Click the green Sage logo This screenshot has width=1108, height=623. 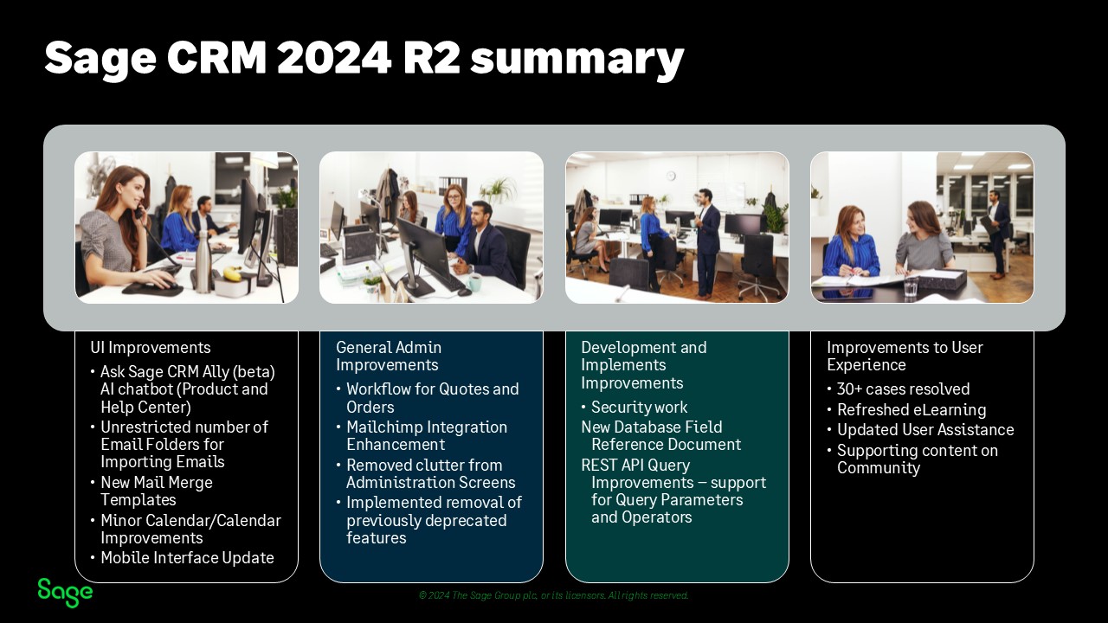(65, 593)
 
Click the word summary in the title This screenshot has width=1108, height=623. (577, 59)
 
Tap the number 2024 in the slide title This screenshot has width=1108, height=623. (334, 57)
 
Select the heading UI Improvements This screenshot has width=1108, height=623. (151, 348)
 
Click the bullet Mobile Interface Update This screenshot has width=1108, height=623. (187, 558)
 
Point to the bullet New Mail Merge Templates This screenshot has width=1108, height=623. (157, 491)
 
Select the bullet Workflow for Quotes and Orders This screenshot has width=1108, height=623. (432, 398)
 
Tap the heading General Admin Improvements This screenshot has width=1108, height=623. (389, 356)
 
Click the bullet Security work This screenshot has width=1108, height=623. (639, 408)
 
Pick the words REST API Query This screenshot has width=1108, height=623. (635, 466)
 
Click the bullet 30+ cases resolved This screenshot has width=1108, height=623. (903, 389)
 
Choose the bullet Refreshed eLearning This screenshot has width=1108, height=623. (912, 410)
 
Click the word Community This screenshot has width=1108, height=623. (879, 468)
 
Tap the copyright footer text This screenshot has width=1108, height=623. (553, 595)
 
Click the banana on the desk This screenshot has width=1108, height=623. (233, 273)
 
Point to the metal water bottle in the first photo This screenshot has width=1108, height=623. (202, 266)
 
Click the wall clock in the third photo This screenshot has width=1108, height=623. (671, 176)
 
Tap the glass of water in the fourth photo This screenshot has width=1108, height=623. (912, 286)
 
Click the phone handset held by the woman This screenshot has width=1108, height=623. (139, 212)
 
